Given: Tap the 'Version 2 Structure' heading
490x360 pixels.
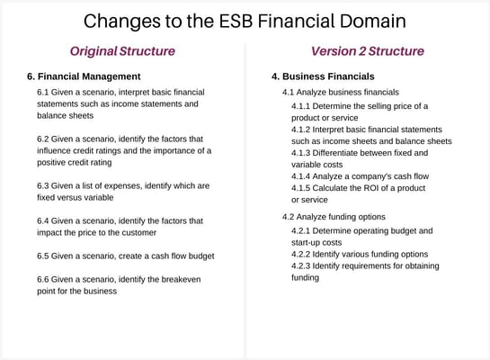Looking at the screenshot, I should pos(367,51).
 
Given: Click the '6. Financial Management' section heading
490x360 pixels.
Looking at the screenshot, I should pos(84,76).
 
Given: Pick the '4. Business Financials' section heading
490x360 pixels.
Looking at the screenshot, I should pos(323,76).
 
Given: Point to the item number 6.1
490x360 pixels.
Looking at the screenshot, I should pos(43,92).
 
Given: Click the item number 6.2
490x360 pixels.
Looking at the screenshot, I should pos(43,139).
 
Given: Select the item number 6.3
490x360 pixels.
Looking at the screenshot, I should pos(43,185).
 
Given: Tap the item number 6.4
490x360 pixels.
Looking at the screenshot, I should pos(43,220).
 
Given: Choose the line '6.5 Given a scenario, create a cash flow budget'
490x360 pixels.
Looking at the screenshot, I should pos(125,256).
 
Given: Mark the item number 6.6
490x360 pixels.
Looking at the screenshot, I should pos(43,279).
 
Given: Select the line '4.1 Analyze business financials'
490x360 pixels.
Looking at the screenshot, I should pos(341,92).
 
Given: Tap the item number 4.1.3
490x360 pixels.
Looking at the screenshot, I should pos(303,153).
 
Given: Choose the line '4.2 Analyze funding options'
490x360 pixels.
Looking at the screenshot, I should pos(334,217).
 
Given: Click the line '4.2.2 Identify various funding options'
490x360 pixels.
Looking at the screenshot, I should pos(360,255).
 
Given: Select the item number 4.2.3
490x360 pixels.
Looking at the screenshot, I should pos(303,266).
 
